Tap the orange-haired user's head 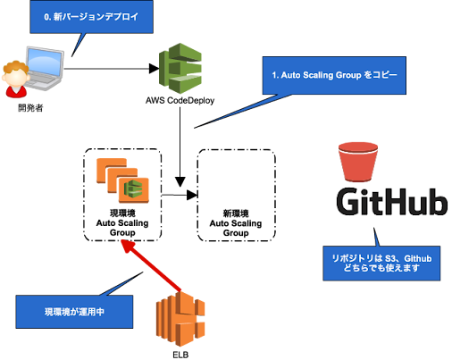pos(15,70)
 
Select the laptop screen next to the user pos(46,64)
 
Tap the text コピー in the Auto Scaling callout pos(390,76)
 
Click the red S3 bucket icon pos(360,161)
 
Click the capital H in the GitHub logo pos(398,202)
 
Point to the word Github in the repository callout pos(417,258)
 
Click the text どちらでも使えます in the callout pos(381,269)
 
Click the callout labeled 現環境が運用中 pos(74,313)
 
